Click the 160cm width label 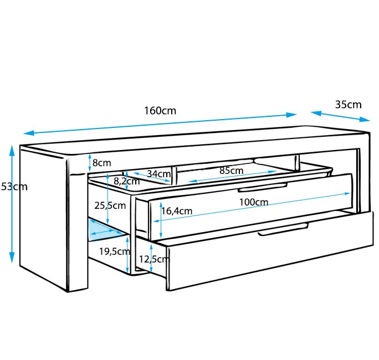[x=160, y=110]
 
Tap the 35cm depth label [x=348, y=104]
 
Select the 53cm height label [x=14, y=187]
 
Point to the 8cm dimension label [x=102, y=163]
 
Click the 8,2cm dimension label [x=127, y=181]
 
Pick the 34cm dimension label [x=158, y=174]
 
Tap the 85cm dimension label [x=231, y=171]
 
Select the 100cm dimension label [x=254, y=202]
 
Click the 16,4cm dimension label [x=177, y=210]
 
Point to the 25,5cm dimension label [x=109, y=205]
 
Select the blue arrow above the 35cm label [x=340, y=116]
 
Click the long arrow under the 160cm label [x=160, y=124]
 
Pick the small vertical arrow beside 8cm [x=90, y=163]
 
